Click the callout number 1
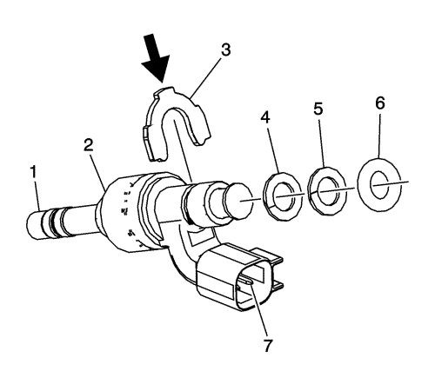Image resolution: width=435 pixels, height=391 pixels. tap(34, 171)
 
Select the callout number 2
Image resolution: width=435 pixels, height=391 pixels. tap(89, 144)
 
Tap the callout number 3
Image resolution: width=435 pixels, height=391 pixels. tap(225, 50)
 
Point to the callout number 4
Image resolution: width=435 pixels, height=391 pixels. tap(265, 117)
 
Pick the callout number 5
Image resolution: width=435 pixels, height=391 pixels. tap(318, 109)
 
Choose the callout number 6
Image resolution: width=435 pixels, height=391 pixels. tap(380, 103)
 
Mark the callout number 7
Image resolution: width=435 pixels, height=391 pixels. tap(268, 345)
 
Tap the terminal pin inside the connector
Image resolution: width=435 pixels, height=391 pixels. tap(246, 282)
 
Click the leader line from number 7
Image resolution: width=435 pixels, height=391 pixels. tap(258, 312)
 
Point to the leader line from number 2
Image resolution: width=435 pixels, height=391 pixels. tap(98, 172)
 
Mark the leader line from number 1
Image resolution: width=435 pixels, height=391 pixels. tap(37, 195)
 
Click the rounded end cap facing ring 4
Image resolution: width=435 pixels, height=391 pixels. tap(238, 202)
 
